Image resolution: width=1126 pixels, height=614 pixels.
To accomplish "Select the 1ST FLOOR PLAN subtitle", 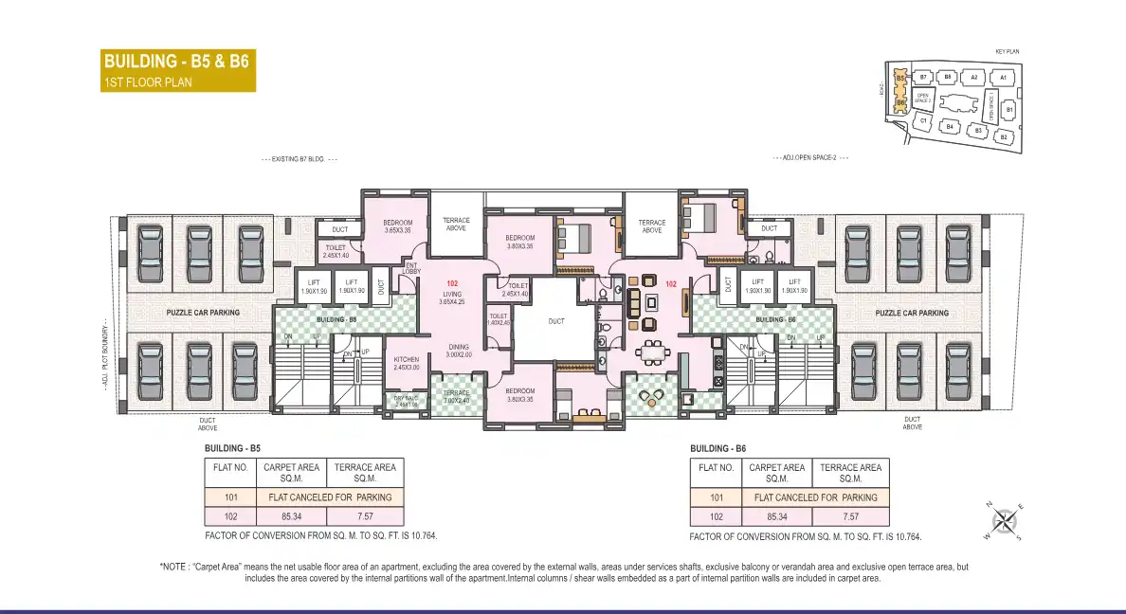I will (x=147, y=82).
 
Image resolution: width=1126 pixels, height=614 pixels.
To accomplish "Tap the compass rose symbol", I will (x=1006, y=520).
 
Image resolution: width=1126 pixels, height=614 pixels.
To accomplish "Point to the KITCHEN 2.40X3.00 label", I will (x=407, y=363).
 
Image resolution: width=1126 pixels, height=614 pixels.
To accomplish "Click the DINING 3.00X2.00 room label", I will (x=459, y=351).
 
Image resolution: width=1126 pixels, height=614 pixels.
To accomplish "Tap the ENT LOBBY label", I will (x=411, y=268).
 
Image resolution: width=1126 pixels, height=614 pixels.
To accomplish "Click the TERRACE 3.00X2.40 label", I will (x=456, y=396).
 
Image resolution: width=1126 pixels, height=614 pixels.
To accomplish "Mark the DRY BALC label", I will (x=406, y=401).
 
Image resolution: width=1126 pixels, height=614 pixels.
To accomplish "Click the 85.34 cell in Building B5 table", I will (x=292, y=516).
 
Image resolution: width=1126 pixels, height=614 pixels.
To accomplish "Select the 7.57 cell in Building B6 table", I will (x=850, y=516).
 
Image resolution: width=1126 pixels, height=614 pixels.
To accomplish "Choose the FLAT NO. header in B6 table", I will (x=716, y=467).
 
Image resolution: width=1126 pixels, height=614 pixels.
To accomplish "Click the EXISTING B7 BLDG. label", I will (x=300, y=160).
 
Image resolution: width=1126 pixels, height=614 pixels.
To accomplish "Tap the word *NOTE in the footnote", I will (x=174, y=567).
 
